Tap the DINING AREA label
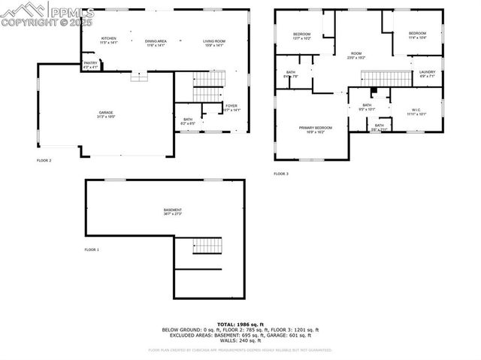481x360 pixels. pos(156,41)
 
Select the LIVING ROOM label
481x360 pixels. pos(214,41)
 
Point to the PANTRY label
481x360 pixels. pos(90,64)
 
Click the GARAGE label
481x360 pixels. pos(105,114)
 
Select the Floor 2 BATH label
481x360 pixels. pos(188,119)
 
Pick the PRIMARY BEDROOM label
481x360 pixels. pos(316,129)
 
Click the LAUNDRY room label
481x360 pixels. pos(426,73)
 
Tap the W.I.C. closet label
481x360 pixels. pos(416,111)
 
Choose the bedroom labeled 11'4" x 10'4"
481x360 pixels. pos(417,35)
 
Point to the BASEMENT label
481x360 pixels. pos(173,211)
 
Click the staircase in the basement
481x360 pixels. pos(208,246)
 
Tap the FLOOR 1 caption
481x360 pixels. pos(92,249)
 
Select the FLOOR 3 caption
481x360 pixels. pos(281,174)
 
